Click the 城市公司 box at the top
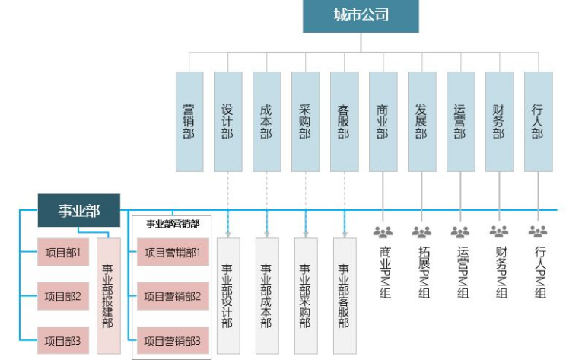pyautogui.click(x=361, y=16)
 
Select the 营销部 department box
pyautogui.click(x=189, y=121)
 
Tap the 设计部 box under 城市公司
pyautogui.click(x=227, y=121)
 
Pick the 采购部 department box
pyautogui.click(x=305, y=121)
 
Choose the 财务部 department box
pyautogui.click(x=499, y=121)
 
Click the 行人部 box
pyautogui.click(x=538, y=121)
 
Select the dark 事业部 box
pyautogui.click(x=79, y=211)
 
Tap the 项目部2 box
pyautogui.click(x=62, y=295)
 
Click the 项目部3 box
pyautogui.click(x=62, y=340)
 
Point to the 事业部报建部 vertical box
pyautogui.click(x=108, y=296)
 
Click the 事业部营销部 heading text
pyautogui.click(x=173, y=223)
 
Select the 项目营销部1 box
pyautogui.click(x=172, y=252)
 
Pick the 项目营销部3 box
pyautogui.click(x=172, y=341)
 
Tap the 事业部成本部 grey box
pyautogui.click(x=266, y=296)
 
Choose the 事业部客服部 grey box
pyautogui.click(x=344, y=296)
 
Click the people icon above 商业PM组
pyautogui.click(x=383, y=231)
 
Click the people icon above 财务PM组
pyautogui.click(x=499, y=231)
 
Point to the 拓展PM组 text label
pyautogui.click(x=421, y=272)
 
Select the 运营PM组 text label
pyautogui.click(x=460, y=272)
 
